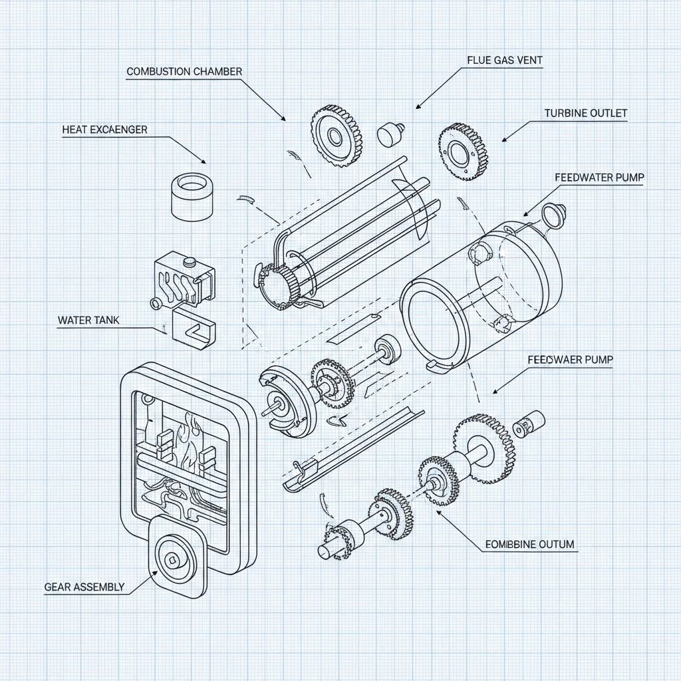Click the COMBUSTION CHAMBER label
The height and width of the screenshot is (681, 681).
tap(184, 71)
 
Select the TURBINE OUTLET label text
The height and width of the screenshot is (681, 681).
tap(585, 113)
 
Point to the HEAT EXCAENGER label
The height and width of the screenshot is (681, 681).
tap(104, 129)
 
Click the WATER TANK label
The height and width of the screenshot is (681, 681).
tap(88, 320)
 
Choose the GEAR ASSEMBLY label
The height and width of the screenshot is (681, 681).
tap(84, 587)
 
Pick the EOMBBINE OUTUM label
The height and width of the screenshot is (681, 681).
tap(529, 544)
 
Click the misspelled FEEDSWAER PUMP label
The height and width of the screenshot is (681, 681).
tap(570, 359)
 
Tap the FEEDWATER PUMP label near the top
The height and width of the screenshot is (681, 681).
tap(598, 178)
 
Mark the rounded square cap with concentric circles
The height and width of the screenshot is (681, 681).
tap(174, 558)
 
